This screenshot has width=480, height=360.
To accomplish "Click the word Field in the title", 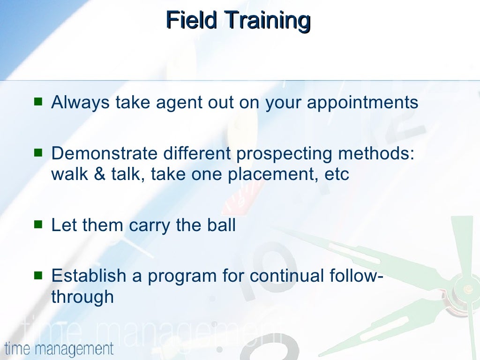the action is [x=191, y=20].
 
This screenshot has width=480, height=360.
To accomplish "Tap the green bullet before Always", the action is [x=38, y=101].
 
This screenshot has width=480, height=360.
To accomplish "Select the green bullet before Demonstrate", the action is [x=38, y=152].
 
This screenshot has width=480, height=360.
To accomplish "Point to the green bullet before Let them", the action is [x=38, y=225].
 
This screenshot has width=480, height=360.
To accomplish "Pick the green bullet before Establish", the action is [x=38, y=276].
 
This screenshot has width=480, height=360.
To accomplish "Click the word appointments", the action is [x=362, y=103].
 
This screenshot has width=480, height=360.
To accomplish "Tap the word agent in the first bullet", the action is [x=179, y=103].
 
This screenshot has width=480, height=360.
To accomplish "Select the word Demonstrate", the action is [x=104, y=153].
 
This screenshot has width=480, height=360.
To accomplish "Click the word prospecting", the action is [x=284, y=154].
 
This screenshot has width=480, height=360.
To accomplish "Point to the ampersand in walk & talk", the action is [x=99, y=174].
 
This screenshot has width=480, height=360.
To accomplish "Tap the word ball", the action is [x=221, y=225].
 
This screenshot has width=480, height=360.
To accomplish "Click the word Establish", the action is [x=89, y=276].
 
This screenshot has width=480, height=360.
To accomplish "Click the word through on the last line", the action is [x=82, y=297].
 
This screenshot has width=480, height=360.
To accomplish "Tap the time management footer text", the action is [x=59, y=349].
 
